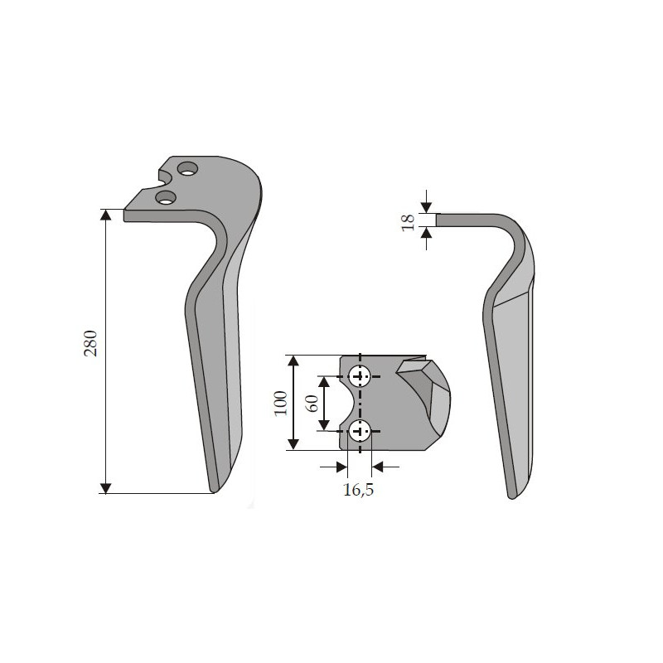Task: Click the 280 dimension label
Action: (x=90, y=343)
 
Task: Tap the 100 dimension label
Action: (x=281, y=403)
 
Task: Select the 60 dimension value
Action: (x=312, y=404)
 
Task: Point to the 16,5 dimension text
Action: (x=358, y=490)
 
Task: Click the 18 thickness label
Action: (x=408, y=222)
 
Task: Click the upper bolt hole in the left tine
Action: (x=188, y=169)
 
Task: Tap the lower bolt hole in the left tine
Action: (x=166, y=197)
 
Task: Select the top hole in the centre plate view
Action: (x=360, y=376)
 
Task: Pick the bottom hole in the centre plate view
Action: (x=360, y=432)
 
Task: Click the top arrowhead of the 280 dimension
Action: (x=105, y=215)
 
